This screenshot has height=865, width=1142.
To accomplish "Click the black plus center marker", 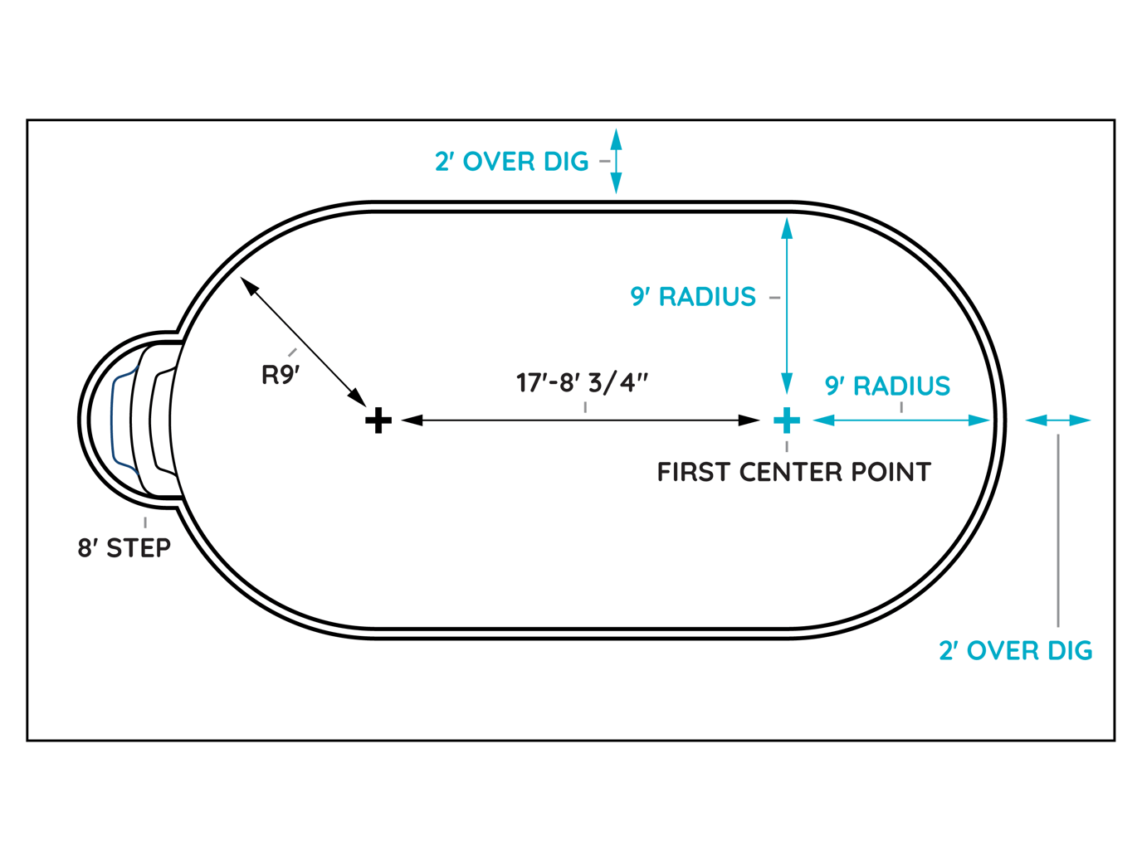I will (x=378, y=420).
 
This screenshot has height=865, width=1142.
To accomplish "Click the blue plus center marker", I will (x=787, y=420).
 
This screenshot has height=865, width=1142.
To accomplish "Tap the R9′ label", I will (x=281, y=375).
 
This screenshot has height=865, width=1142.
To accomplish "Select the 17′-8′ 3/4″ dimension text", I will (x=582, y=382).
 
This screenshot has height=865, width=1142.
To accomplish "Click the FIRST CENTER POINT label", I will (x=793, y=472).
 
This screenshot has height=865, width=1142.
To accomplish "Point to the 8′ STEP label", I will (x=124, y=547).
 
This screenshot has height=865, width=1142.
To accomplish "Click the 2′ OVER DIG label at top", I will (x=511, y=161).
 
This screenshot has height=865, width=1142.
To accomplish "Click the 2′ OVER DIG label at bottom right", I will (x=1015, y=650).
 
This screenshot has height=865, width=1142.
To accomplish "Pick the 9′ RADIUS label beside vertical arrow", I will (x=693, y=296).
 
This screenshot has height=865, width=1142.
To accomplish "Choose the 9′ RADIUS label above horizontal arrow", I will (x=887, y=386).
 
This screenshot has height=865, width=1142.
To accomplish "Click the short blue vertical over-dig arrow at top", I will (x=616, y=161).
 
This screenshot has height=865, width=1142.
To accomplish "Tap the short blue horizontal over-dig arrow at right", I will (x=1058, y=420).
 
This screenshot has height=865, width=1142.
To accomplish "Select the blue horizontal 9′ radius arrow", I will (x=902, y=420).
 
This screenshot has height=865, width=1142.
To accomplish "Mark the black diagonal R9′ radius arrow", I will (x=304, y=342).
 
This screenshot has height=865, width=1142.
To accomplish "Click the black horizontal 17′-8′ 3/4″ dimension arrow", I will (x=581, y=420).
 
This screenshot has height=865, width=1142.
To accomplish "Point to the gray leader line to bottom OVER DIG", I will (x=1058, y=531).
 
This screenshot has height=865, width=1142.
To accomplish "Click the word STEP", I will (x=139, y=547).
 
